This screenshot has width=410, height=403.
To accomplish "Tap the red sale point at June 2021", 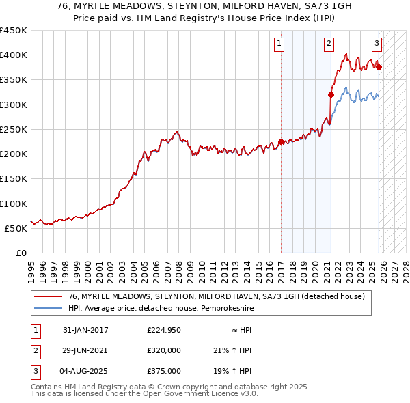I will tap(331, 95).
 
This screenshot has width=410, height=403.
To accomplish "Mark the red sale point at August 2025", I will tap(379, 67).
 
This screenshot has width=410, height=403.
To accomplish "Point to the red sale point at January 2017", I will tap(281, 142).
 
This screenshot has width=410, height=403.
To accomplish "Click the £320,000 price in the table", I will tap(164, 350).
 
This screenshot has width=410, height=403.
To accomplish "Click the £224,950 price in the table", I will tap(164, 330).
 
